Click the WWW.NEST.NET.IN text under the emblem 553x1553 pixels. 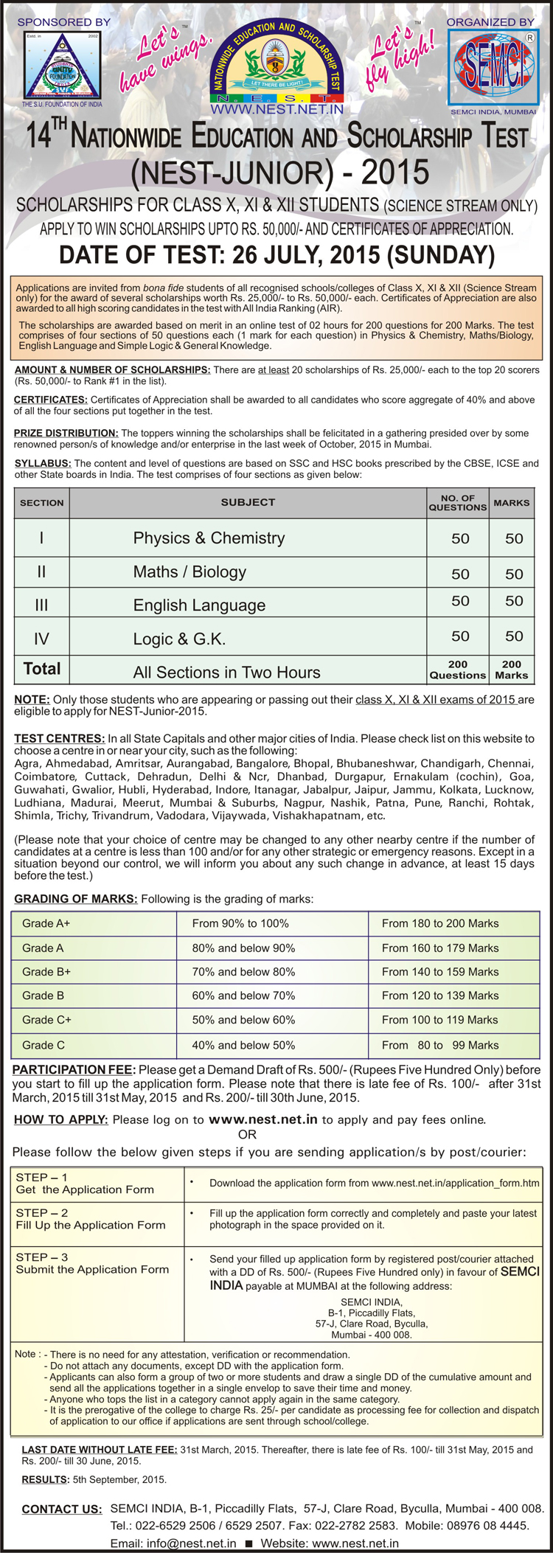point(277,109)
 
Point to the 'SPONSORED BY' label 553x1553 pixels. point(63,22)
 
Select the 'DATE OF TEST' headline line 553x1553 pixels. point(276,254)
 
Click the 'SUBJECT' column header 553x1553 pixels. point(248,502)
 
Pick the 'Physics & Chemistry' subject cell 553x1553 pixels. point(209,538)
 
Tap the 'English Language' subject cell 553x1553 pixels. point(199,605)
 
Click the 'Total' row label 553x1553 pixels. point(42,669)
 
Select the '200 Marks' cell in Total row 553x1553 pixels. point(512,670)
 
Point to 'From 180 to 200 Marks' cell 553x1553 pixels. point(440,923)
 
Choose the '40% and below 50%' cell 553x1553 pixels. point(243,1045)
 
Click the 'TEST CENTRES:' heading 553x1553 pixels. point(59,738)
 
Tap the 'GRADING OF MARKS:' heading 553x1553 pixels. point(75,899)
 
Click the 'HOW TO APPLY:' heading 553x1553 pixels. point(60,1119)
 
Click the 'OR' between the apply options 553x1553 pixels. point(247,1134)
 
